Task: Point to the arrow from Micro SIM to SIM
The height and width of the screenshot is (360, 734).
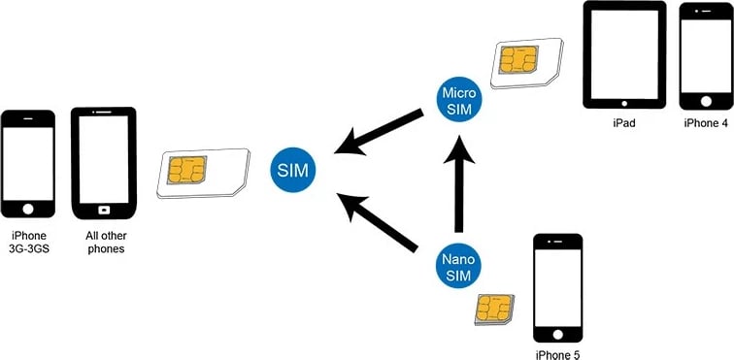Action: tap(379, 133)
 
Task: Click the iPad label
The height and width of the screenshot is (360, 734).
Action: tap(623, 124)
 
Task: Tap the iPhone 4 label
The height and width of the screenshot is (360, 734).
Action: tap(705, 124)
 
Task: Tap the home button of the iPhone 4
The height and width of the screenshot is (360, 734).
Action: tap(705, 100)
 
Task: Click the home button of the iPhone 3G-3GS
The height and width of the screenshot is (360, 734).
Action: tap(29, 208)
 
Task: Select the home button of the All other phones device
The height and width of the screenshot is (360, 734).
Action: tap(103, 208)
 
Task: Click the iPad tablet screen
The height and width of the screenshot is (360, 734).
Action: tap(623, 54)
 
